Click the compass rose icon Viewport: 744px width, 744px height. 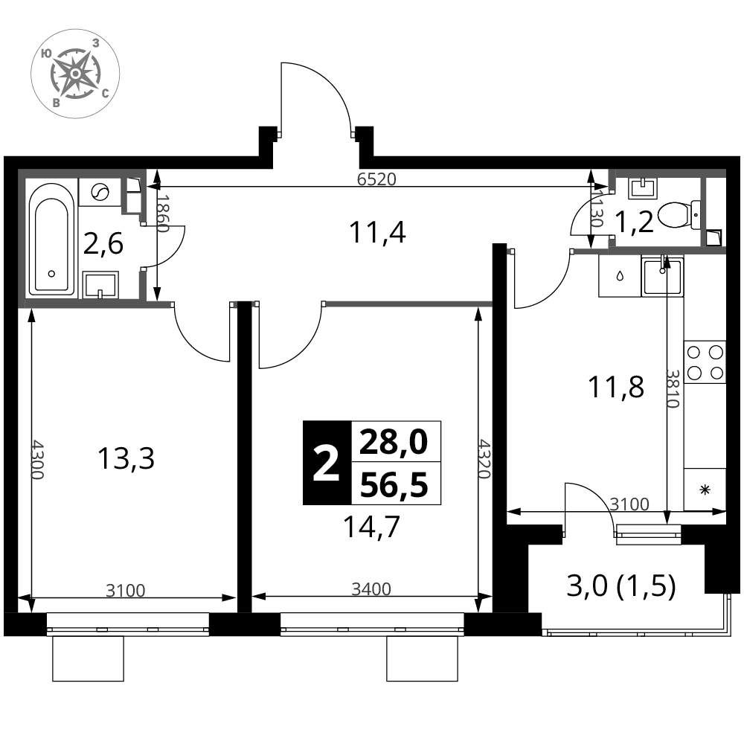click(x=75, y=74)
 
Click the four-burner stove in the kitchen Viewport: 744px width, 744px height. click(x=705, y=363)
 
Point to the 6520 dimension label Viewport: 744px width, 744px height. click(x=376, y=179)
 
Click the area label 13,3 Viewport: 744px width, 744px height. click(x=126, y=459)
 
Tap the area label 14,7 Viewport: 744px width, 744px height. click(x=371, y=527)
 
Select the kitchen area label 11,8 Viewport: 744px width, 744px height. click(x=616, y=386)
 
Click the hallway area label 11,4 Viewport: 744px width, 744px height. click(x=377, y=233)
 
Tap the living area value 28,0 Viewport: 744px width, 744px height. click(x=394, y=442)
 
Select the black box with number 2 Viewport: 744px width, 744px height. click(x=327, y=463)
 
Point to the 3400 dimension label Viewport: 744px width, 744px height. click(x=371, y=589)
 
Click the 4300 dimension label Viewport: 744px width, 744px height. click(x=36, y=460)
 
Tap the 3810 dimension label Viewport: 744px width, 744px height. click(x=673, y=388)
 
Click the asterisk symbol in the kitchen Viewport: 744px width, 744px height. click(x=705, y=490)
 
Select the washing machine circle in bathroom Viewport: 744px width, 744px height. click(x=100, y=192)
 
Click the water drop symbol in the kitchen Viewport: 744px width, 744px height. click(x=620, y=276)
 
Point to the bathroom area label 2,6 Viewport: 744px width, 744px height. click(x=103, y=244)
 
